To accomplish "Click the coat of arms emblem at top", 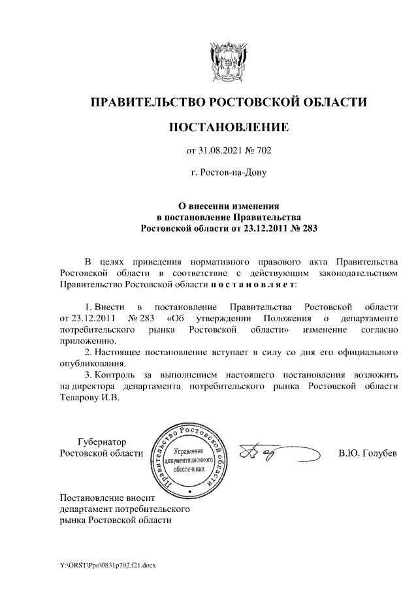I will point(228,61).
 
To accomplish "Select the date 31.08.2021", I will point(220,152).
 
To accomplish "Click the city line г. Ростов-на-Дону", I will point(228,173).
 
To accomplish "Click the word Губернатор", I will point(101,442).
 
